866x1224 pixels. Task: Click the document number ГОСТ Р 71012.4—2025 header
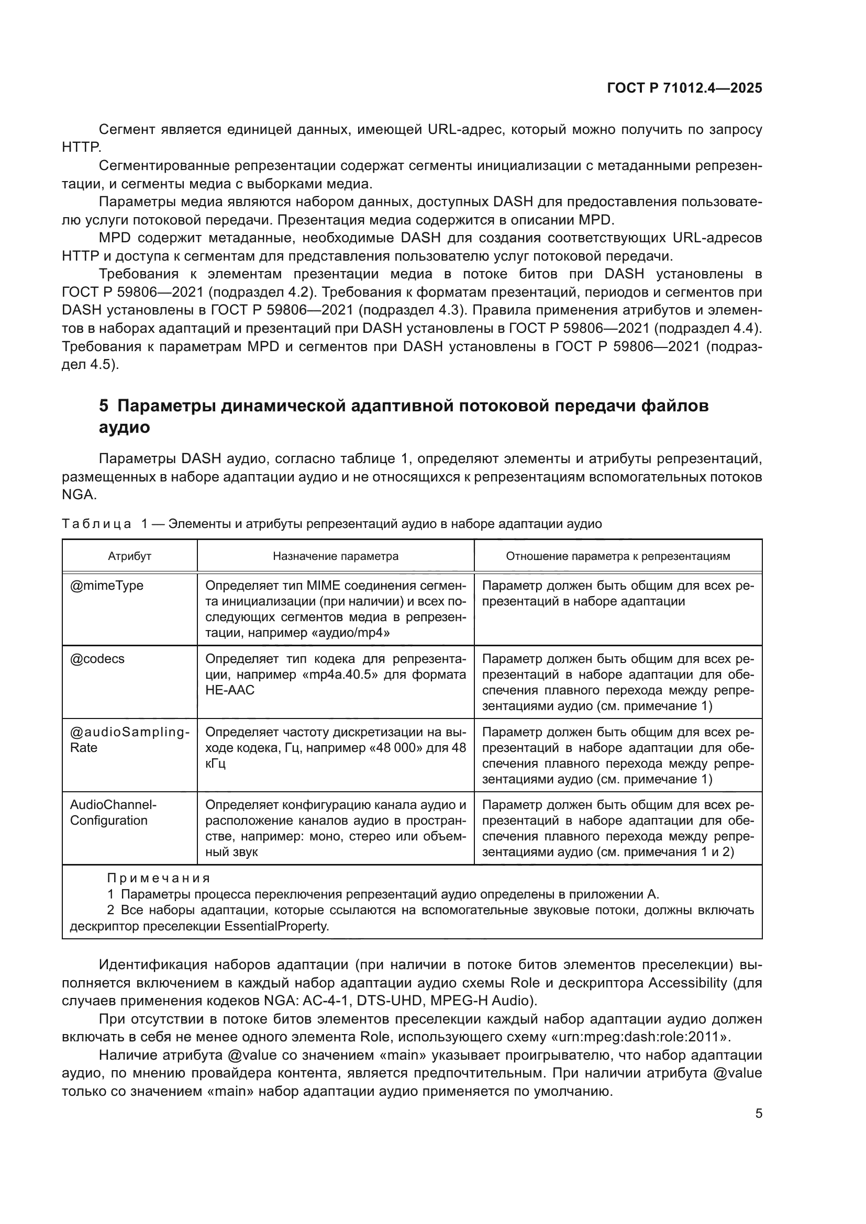684,88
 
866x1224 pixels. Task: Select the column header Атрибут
129,556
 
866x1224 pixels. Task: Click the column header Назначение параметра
336,556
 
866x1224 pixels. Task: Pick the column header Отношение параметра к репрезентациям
617,556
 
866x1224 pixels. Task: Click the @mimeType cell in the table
107,586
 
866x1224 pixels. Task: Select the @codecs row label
97,659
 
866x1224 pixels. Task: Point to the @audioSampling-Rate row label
129,739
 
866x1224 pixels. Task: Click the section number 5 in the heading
104,406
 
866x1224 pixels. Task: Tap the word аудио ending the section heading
124,428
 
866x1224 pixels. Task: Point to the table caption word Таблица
96,524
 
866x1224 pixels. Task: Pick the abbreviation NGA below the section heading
79,494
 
